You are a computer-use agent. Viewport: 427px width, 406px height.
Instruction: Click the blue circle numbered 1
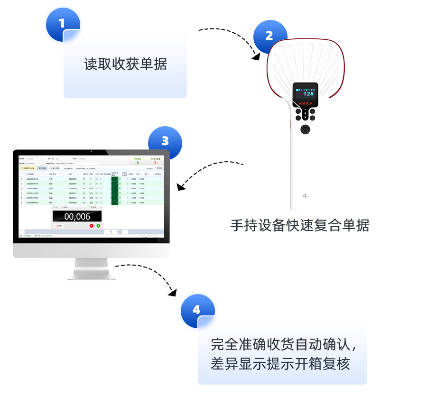click(x=62, y=24)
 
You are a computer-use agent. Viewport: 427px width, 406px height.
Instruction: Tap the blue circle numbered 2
click(x=269, y=36)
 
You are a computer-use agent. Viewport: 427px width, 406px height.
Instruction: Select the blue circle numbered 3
click(x=165, y=142)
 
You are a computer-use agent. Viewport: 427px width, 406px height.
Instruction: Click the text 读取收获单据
click(x=125, y=65)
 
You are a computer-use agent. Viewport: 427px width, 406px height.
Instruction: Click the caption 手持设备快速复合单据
click(x=299, y=225)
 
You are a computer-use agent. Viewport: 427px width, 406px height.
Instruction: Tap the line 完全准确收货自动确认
click(x=283, y=344)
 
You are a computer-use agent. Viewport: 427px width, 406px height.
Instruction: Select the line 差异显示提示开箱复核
click(x=280, y=364)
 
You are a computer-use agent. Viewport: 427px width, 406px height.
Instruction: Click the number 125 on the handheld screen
click(x=308, y=94)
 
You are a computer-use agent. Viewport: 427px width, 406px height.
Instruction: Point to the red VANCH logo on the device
click(x=305, y=103)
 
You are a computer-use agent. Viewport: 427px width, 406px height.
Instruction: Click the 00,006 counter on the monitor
click(x=77, y=217)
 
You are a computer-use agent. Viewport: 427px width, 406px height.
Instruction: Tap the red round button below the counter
click(x=92, y=226)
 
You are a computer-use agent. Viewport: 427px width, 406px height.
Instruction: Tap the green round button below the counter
click(x=98, y=226)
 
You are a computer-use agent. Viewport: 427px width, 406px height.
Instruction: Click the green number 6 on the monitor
click(x=138, y=163)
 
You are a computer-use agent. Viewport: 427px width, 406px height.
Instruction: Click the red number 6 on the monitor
click(x=155, y=163)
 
